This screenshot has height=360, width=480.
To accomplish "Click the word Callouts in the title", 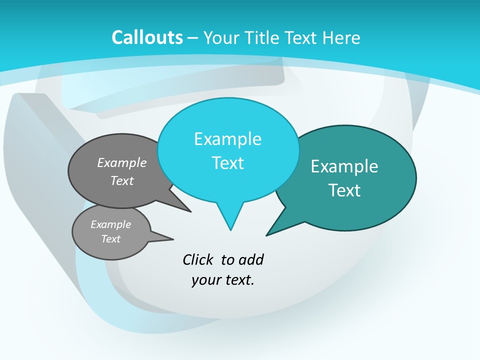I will (x=147, y=37).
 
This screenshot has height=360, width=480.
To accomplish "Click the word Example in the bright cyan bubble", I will (x=227, y=139).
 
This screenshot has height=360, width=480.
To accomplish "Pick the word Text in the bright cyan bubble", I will (x=227, y=163).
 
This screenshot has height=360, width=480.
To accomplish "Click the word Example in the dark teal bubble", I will (x=344, y=166).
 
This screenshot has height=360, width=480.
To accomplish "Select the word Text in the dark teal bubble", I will (x=344, y=190).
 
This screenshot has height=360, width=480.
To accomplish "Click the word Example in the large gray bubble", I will (x=122, y=162).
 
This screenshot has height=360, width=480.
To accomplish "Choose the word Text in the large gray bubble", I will (x=122, y=180).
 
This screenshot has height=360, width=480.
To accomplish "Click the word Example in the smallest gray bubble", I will (x=110, y=224).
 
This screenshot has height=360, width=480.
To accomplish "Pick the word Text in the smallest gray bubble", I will (x=110, y=239).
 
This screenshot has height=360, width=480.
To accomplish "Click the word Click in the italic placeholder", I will (x=198, y=259).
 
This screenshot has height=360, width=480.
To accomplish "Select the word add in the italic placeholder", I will (x=251, y=259).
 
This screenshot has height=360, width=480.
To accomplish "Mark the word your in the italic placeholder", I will (x=205, y=280).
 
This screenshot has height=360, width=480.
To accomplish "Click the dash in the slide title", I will (x=192, y=37).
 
